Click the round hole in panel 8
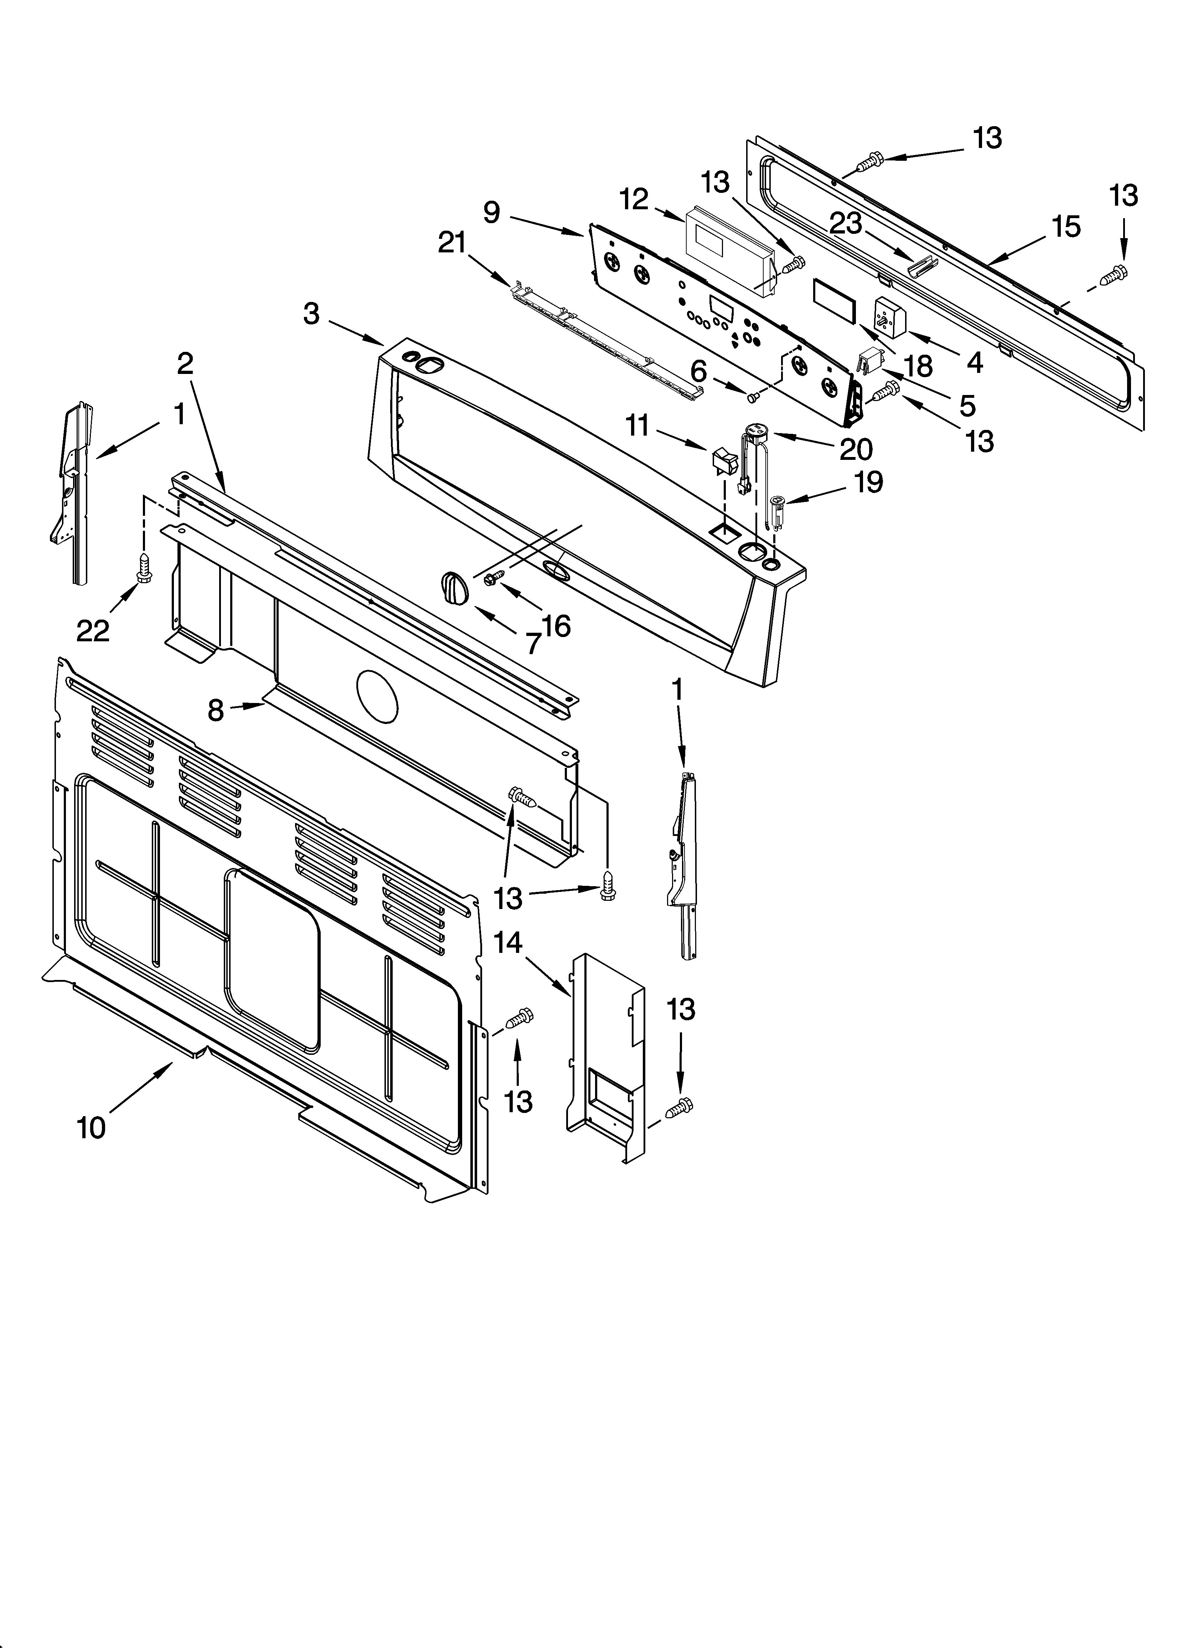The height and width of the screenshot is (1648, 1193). click(x=378, y=695)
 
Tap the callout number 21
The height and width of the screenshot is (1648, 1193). click(x=452, y=243)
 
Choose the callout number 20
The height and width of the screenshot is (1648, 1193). click(x=856, y=449)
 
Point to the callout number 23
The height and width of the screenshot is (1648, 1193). click(x=846, y=223)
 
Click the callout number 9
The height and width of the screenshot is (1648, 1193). click(x=492, y=212)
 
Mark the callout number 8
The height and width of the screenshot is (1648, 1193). click(x=216, y=710)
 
